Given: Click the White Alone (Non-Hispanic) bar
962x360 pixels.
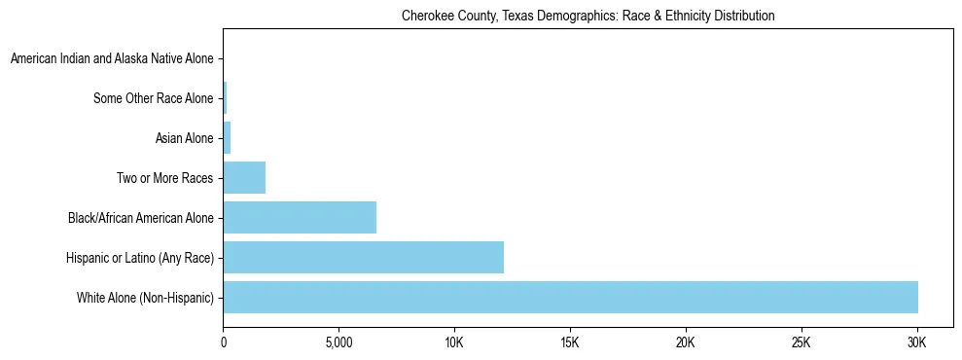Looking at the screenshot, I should point(570,297).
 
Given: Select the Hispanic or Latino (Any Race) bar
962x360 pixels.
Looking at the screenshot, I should point(363,257).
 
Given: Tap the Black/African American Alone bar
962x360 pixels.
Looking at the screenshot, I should point(300,217).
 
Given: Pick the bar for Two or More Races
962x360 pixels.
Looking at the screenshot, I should point(244,178).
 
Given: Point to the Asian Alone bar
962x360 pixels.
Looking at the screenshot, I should point(227,138).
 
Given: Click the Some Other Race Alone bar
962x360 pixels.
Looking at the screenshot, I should point(225,98).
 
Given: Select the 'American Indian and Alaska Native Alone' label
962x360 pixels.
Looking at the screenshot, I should point(112,59).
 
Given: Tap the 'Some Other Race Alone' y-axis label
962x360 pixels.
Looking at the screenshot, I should point(153,98).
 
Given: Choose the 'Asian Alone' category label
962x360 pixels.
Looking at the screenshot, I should point(184,138).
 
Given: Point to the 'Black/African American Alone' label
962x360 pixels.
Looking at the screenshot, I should point(140,217).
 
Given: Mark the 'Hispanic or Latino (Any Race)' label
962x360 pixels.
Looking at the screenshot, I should point(141,257).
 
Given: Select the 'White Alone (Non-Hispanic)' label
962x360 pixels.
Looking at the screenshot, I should point(145,297).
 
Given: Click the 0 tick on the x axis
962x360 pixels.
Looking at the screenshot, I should point(224,343).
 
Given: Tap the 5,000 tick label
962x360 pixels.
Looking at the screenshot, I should point(338,343).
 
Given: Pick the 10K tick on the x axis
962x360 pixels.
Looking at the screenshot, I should point(454,343).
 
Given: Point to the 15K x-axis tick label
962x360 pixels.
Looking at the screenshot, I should point(570,343).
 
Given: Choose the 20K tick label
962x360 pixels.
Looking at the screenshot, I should point(686,343).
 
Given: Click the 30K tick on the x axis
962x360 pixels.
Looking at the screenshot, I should point(916,343).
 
